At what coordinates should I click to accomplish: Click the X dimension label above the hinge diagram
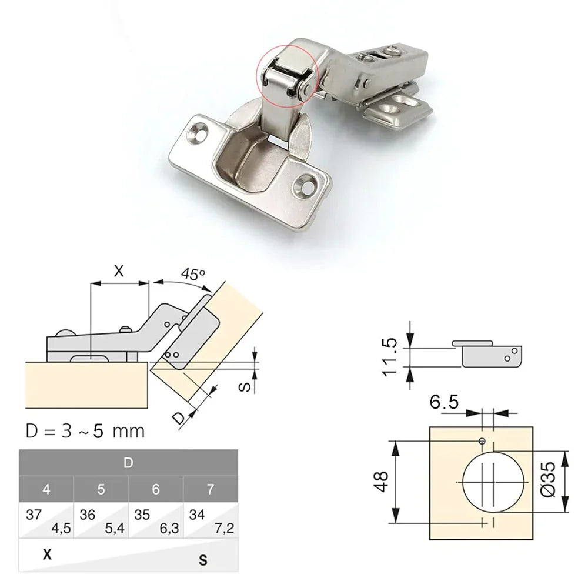[119, 271]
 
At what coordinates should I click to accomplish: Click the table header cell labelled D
[128, 463]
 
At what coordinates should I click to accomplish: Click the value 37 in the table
[34, 514]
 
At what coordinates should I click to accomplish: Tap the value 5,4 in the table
[115, 527]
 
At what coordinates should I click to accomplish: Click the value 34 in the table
[198, 514]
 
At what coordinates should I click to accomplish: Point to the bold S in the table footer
[203, 560]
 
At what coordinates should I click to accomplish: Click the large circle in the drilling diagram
[492, 482]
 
